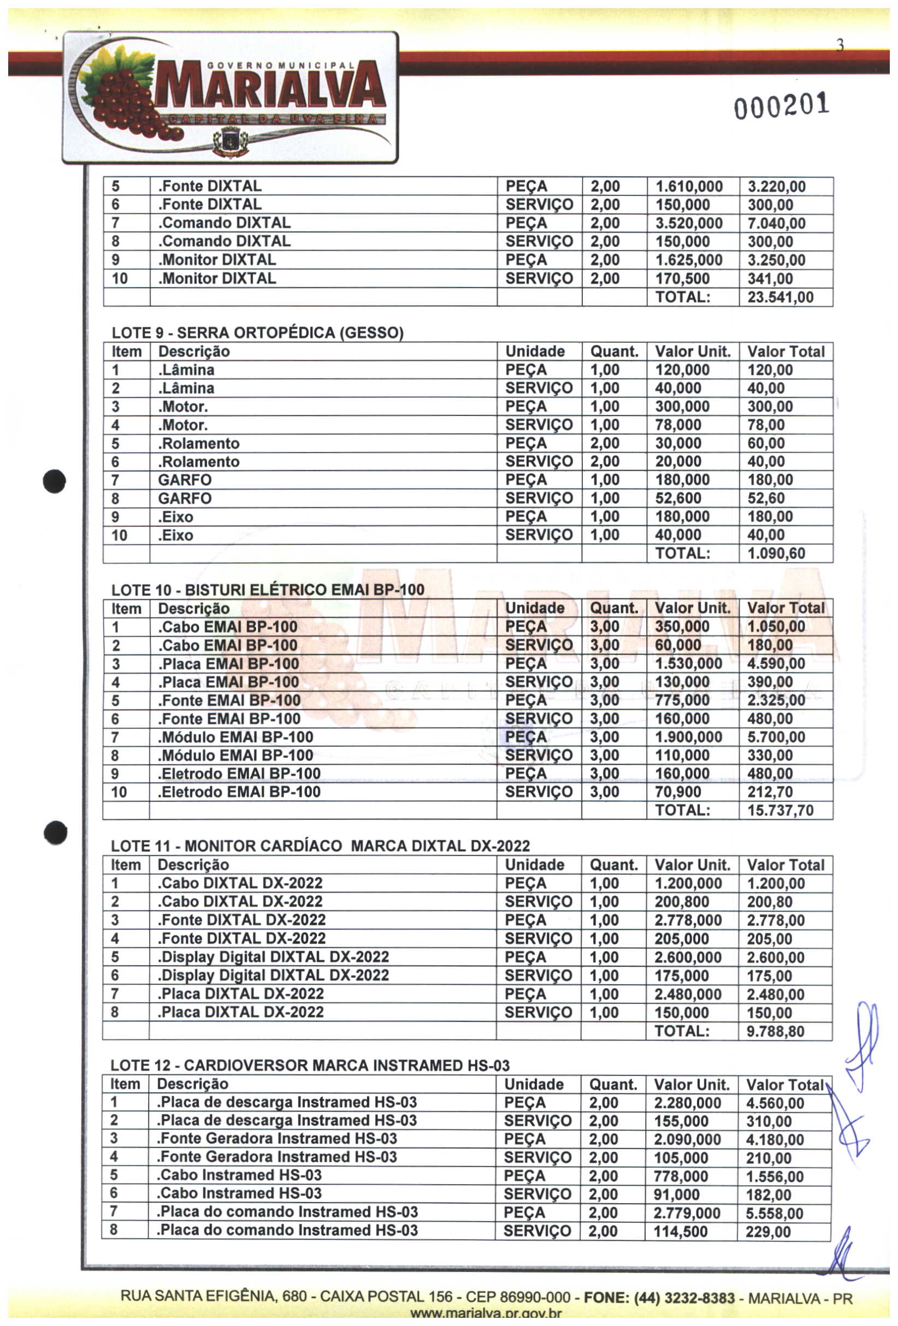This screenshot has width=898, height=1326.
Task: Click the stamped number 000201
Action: click(781, 106)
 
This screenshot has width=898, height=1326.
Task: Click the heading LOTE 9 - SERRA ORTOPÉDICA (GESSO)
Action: click(257, 332)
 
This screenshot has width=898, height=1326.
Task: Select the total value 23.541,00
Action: click(780, 298)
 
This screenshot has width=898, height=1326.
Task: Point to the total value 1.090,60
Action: click(776, 554)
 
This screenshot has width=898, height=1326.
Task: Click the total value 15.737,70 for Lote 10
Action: click(780, 810)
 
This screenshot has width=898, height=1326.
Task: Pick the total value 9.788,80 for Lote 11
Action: click(775, 1031)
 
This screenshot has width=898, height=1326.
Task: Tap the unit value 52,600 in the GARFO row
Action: click(678, 498)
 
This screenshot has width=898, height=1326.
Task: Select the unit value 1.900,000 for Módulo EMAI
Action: click(688, 736)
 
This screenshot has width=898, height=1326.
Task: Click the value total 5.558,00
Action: click(774, 1213)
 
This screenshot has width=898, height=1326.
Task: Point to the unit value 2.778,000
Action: click(688, 920)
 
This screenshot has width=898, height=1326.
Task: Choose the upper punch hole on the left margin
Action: click(54, 481)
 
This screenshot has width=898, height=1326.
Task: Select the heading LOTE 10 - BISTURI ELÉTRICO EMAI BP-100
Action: click(268, 590)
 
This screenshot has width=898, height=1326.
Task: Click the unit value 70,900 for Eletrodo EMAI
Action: click(678, 792)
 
